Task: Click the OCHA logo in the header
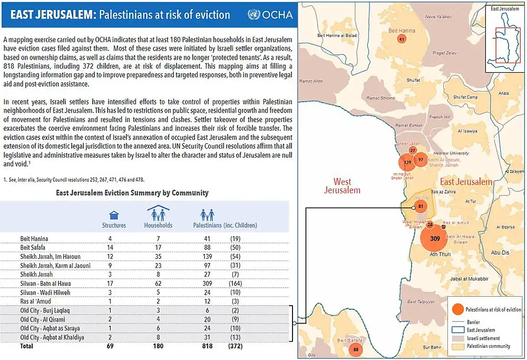[270, 14]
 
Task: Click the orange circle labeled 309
[434, 239]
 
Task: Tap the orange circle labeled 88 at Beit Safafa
[356, 349]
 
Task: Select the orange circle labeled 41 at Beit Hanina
[402, 40]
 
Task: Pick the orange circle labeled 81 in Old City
[420, 206]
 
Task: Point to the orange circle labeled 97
[420, 159]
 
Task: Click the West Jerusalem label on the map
[342, 186]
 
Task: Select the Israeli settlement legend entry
[483, 338]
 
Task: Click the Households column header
[158, 225]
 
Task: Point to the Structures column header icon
[113, 215]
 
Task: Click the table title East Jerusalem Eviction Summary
[132, 193]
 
